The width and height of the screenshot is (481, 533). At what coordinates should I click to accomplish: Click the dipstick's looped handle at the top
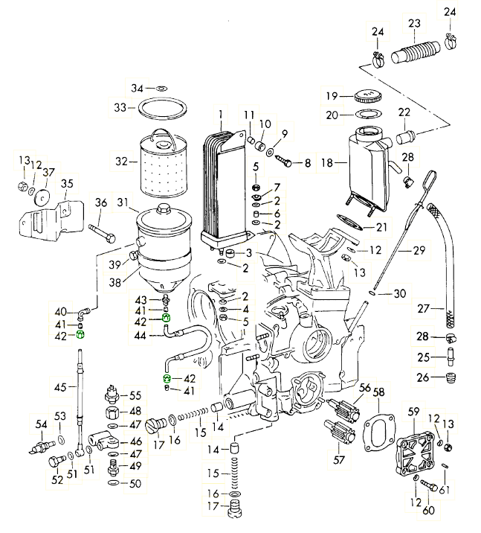click(x=430, y=179)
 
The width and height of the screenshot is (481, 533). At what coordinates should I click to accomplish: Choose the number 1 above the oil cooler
click(x=221, y=115)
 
